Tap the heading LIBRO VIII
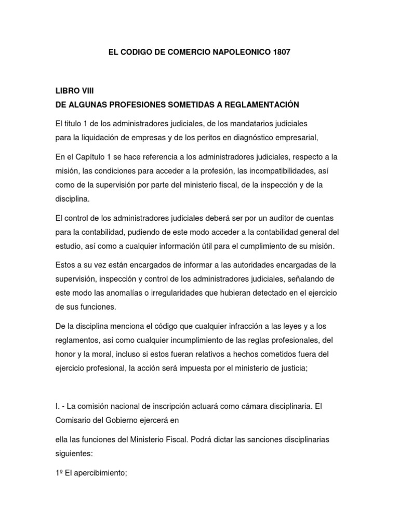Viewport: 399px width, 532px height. point(74,90)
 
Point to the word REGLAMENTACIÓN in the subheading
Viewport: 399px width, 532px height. point(262,105)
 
